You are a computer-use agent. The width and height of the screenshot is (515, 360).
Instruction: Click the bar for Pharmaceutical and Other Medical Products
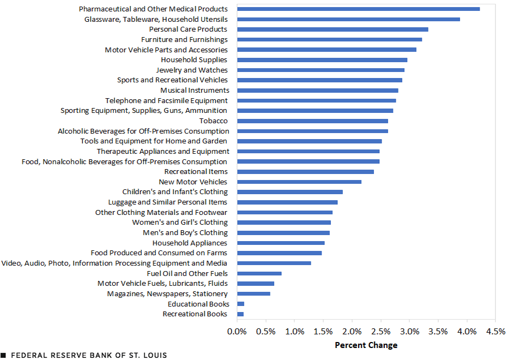click(x=358, y=9)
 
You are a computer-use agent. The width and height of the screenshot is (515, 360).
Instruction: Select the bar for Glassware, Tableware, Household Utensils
click(x=348, y=19)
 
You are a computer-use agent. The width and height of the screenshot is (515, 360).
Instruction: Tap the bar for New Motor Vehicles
click(x=299, y=182)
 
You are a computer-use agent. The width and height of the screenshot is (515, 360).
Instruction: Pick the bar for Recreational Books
click(x=240, y=314)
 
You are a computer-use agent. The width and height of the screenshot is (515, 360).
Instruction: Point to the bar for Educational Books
click(x=240, y=304)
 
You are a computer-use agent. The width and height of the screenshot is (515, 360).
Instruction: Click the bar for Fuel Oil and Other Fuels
click(x=259, y=273)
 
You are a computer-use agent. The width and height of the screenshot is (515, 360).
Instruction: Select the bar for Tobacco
click(x=312, y=121)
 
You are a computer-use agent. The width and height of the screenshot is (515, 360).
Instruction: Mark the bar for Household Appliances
click(x=281, y=243)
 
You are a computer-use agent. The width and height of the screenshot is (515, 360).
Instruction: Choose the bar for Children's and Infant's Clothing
click(x=290, y=192)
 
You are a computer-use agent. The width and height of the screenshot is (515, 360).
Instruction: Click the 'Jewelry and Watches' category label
click(x=192, y=70)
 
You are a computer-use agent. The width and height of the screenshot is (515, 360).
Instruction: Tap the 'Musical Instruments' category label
click(x=195, y=90)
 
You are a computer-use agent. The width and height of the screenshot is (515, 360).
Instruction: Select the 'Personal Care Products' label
click(x=188, y=29)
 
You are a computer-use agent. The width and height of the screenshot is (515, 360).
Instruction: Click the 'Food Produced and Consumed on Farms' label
click(x=159, y=253)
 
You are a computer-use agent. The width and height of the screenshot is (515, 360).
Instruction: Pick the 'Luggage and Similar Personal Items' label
click(x=168, y=202)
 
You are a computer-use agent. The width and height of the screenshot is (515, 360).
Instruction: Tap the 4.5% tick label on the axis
click(x=495, y=332)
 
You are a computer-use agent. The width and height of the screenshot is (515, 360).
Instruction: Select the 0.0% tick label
click(x=237, y=332)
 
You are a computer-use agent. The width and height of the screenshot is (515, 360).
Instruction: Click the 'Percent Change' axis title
click(x=366, y=345)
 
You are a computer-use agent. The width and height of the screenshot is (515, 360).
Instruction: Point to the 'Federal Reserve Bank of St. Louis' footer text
click(x=88, y=355)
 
